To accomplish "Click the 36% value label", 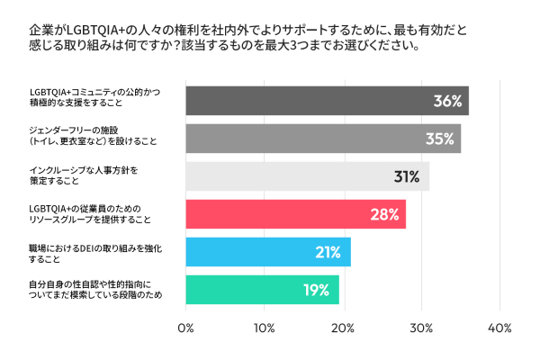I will click(446, 102).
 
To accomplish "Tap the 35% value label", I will click(439, 139).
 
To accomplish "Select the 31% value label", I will click(408, 176).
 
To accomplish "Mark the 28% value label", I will click(384, 214).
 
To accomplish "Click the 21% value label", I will click(329, 252).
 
